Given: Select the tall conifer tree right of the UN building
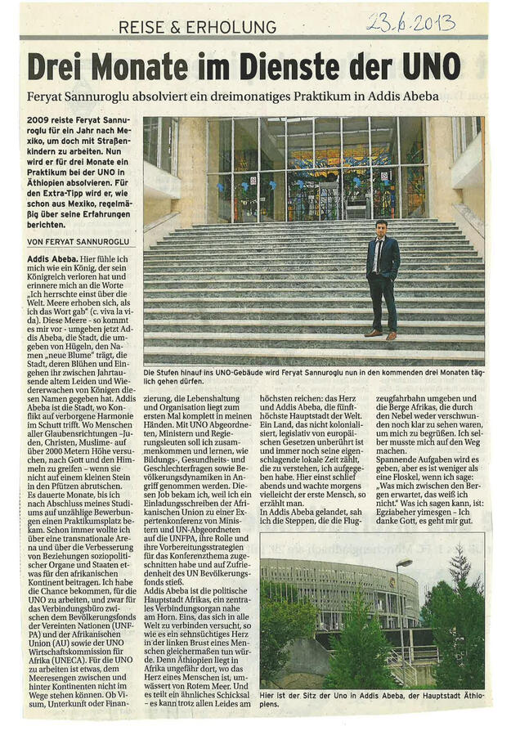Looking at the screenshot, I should coord(455,613).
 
